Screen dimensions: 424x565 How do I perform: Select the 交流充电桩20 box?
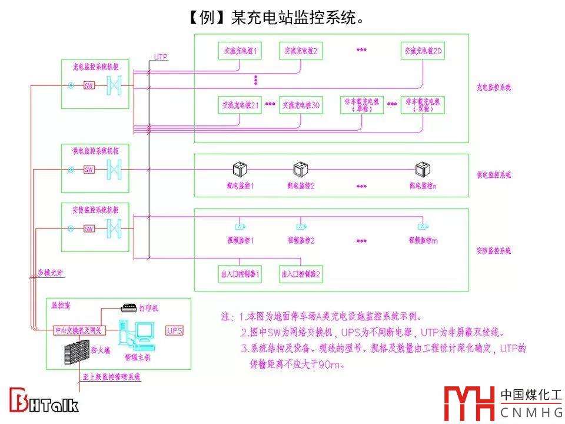[423, 51]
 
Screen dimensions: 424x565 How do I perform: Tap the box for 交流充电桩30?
[301, 105]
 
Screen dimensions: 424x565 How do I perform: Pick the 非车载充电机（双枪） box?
[423, 105]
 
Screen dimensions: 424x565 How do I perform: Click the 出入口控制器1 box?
[240, 274]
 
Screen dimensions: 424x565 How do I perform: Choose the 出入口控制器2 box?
[301, 274]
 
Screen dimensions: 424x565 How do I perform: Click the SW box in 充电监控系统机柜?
[89, 85]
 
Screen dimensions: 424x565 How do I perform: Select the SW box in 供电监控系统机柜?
[89, 170]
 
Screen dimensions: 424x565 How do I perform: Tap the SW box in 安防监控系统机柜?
[89, 228]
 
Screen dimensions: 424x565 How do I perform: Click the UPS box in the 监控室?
[175, 330]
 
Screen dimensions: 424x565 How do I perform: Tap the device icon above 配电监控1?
[239, 170]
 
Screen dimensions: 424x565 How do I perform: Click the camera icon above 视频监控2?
[301, 226]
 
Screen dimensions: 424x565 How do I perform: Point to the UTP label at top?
[161, 57]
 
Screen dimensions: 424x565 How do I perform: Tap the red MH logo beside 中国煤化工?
[468, 403]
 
